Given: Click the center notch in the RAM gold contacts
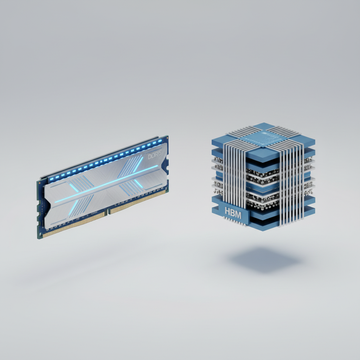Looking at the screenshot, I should click(x=108, y=212).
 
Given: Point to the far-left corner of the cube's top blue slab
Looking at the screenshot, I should click(x=212, y=140).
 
